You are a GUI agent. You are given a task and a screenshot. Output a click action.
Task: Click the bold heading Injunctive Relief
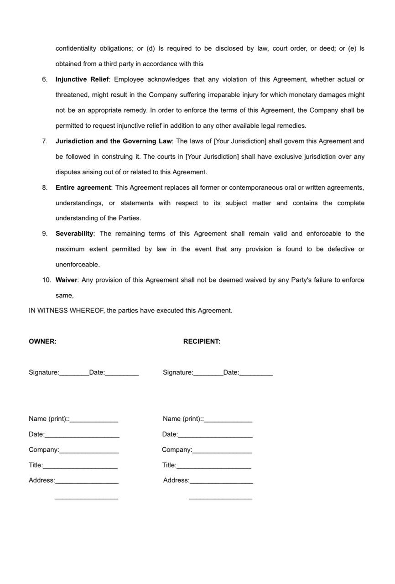tap(82, 79)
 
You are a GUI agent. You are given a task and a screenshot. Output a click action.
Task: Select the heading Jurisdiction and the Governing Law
tap(114, 141)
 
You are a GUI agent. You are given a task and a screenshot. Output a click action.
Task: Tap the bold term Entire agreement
tap(83, 188)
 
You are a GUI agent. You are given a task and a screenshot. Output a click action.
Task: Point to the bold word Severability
tap(74, 234)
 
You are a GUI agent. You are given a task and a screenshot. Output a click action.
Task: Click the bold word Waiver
tap(67, 280)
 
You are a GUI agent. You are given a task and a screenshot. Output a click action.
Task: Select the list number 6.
tap(45, 79)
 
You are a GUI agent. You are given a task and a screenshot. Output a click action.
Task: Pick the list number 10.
tap(47, 280)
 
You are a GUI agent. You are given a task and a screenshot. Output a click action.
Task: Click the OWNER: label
tap(42, 341)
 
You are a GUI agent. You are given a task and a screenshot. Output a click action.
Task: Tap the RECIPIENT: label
tap(202, 341)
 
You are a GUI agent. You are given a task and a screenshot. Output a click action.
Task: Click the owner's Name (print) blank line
tap(94, 421)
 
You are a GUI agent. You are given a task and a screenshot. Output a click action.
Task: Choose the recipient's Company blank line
tap(222, 452)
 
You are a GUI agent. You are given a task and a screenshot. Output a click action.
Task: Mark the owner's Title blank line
tap(80, 467)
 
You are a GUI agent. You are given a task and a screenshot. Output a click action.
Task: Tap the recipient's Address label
tap(176, 480)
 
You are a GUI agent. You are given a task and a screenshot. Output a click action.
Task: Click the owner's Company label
tap(44, 450)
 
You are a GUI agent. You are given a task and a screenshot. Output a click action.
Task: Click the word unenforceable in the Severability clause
tap(77, 265)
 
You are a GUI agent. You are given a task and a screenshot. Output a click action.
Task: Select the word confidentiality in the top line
tap(76, 49)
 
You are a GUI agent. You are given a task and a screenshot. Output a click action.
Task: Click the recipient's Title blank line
tap(213, 467)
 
